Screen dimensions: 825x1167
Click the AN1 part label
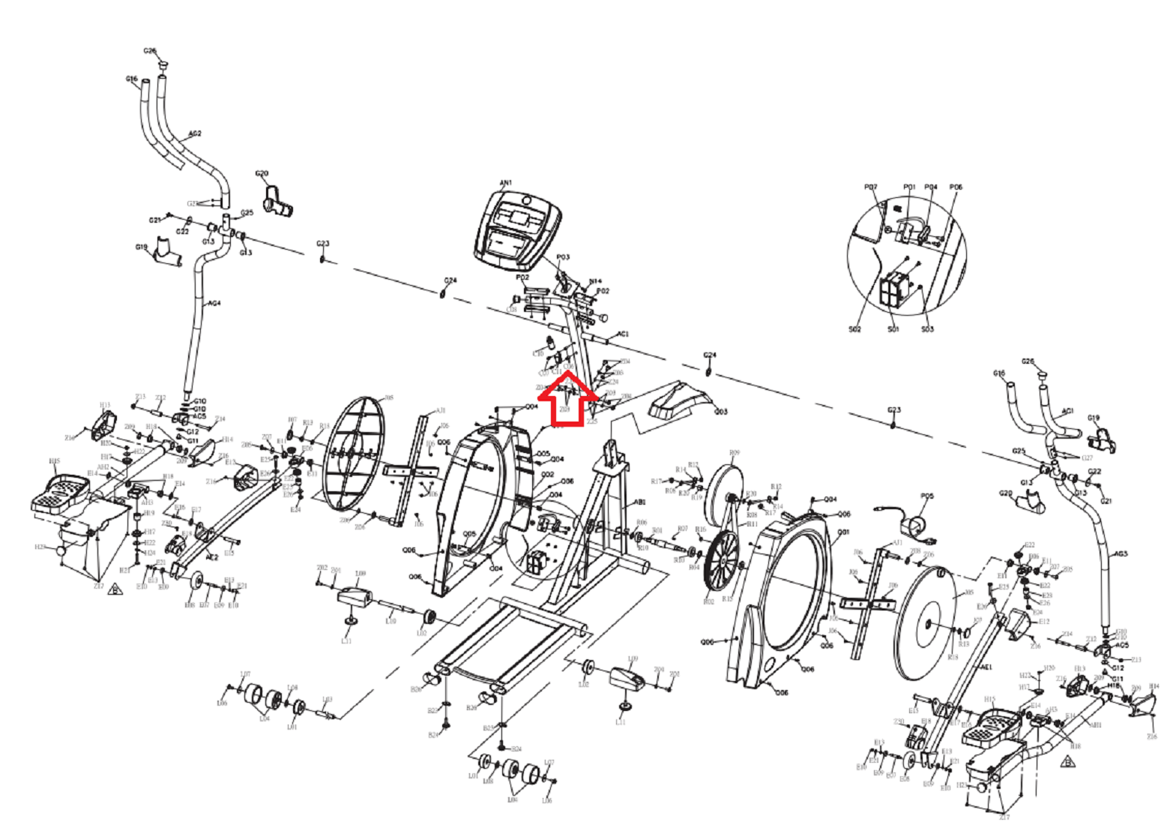506,183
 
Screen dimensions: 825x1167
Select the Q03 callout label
721,412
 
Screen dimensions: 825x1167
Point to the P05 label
927,496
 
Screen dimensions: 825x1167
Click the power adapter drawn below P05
914,525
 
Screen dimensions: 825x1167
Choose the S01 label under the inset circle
893,329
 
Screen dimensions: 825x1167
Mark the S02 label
854,329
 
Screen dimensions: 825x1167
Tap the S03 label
927,329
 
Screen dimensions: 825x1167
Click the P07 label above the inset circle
870,187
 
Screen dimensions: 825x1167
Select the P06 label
956,187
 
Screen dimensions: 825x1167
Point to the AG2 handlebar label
194,134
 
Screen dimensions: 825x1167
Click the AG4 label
214,304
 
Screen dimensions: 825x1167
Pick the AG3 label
1121,553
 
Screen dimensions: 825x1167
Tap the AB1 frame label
639,502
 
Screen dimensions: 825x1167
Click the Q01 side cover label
843,532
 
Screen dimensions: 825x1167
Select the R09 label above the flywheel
734,453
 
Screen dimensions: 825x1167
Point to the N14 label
595,282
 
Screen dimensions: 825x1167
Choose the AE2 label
212,557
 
